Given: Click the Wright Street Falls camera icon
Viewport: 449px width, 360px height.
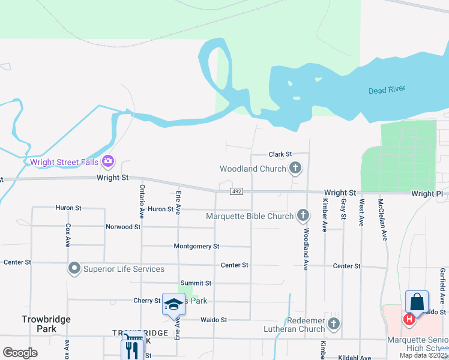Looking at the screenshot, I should [x=109, y=160].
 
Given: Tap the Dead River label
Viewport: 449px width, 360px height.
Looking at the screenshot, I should [x=387, y=90].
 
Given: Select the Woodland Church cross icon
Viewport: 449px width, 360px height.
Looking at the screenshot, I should [x=295, y=169].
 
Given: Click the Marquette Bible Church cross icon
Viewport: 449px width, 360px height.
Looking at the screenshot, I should [x=303, y=215].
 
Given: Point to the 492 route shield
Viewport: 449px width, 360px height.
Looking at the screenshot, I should [x=235, y=191].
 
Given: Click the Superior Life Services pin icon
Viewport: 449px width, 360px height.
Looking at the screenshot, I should [x=74, y=268].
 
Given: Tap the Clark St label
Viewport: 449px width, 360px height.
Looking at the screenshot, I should [x=280, y=154].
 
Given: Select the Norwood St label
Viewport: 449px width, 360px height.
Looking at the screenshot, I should [x=123, y=227].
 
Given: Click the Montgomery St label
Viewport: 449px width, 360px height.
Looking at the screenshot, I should [x=196, y=247].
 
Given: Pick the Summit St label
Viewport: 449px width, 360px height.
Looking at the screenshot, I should [x=196, y=283].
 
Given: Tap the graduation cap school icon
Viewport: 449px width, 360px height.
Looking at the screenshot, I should [x=174, y=304].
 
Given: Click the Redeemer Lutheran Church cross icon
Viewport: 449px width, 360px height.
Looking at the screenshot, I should [x=334, y=324].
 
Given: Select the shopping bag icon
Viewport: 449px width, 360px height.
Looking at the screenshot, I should [x=417, y=301].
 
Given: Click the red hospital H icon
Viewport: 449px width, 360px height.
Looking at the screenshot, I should [x=409, y=319].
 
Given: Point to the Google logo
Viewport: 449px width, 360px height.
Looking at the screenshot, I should [x=20, y=353].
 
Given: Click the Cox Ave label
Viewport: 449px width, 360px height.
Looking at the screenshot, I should [x=68, y=236].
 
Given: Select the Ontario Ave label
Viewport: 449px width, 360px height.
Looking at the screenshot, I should [x=142, y=200].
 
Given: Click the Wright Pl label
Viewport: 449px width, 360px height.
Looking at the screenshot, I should [x=426, y=194].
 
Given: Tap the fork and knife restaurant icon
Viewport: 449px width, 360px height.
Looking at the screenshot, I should [x=133, y=350].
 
